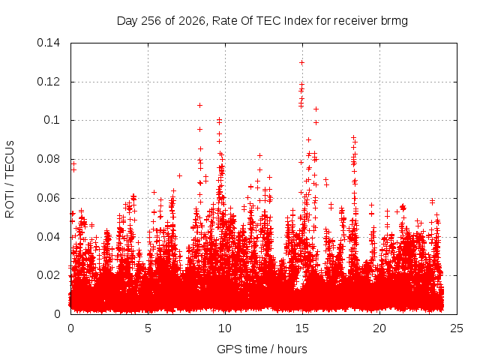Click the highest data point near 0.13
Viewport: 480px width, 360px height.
click(x=301, y=63)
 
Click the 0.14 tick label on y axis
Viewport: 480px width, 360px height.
click(x=48, y=43)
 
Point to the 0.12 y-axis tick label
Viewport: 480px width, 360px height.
click(x=48, y=82)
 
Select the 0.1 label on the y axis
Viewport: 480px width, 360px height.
click(x=52, y=120)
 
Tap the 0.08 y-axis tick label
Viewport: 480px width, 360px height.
click(x=48, y=159)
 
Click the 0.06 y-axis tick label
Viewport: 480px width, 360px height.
click(x=48, y=198)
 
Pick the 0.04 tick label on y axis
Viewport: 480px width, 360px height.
click(x=48, y=237)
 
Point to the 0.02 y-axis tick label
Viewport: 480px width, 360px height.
click(x=48, y=275)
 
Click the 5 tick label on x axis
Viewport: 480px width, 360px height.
click(x=148, y=328)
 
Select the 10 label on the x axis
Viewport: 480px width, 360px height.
click(x=225, y=328)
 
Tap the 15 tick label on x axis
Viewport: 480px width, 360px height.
click(x=302, y=328)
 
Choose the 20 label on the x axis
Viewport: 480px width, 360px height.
click(x=379, y=328)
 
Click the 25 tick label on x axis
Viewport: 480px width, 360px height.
click(x=457, y=328)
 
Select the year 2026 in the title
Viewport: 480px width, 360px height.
click(x=192, y=21)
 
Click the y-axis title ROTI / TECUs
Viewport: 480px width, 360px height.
click(x=10, y=179)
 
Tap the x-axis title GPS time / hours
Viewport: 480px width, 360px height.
click(x=262, y=349)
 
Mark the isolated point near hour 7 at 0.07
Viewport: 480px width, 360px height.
click(x=179, y=175)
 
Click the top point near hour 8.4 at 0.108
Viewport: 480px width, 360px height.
click(x=199, y=105)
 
